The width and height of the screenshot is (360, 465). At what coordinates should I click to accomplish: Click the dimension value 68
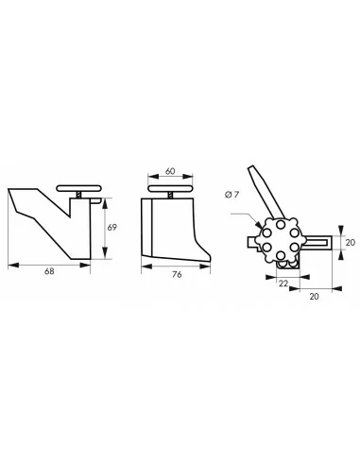click(x=50, y=272)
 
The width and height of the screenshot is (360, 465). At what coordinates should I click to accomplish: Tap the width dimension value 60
click(x=169, y=171)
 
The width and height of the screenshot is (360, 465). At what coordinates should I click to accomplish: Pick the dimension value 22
click(x=283, y=283)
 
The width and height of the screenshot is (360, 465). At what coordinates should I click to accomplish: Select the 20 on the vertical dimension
click(x=350, y=242)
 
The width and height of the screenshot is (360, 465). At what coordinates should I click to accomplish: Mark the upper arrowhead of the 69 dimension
click(x=105, y=199)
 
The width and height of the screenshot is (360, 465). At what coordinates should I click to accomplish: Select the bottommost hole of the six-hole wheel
click(x=281, y=258)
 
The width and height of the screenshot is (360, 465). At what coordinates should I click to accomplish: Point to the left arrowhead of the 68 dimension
click(x=10, y=264)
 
